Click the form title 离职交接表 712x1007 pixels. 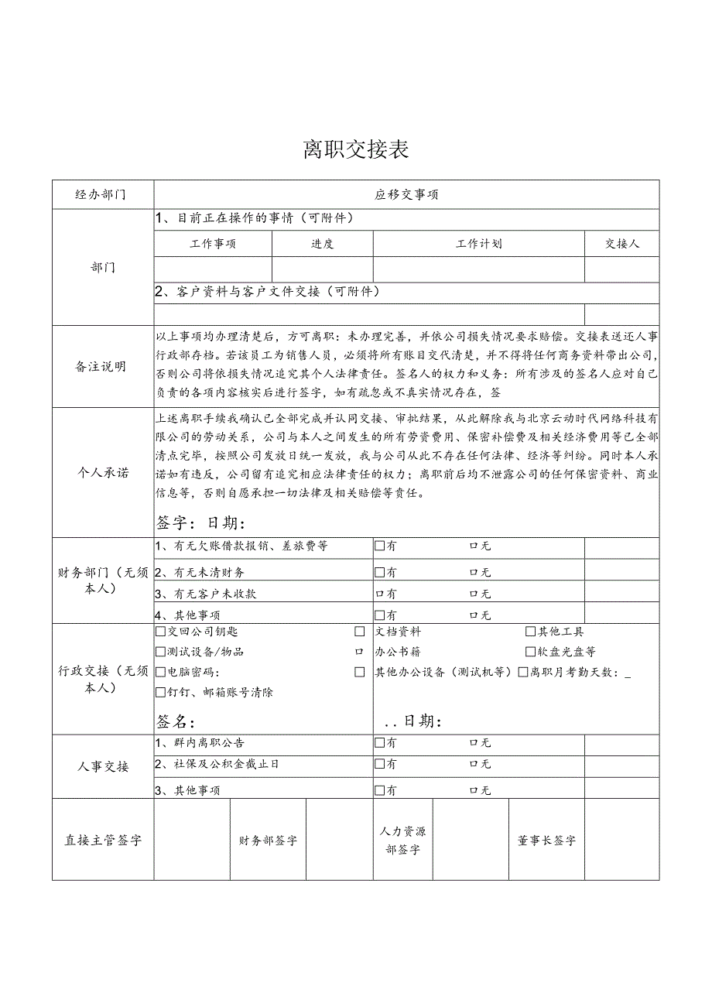click(356, 149)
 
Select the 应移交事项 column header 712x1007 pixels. click(406, 195)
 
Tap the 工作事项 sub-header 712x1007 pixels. click(213, 245)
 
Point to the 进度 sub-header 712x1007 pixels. click(322, 245)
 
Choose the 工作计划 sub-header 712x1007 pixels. click(478, 245)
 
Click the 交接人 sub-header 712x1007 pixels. click(621, 245)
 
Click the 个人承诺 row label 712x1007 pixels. click(102, 472)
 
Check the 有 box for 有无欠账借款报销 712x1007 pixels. click(379, 546)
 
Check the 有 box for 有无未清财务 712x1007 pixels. click(379, 573)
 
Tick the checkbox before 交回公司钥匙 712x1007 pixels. click(160, 632)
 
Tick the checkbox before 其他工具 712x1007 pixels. click(530, 632)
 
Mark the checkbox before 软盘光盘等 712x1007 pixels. click(530, 652)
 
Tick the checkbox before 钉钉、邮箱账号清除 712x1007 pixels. click(160, 693)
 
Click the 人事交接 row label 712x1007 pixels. click(102, 767)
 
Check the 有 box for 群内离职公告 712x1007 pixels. click(379, 743)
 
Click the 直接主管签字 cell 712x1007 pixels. click(103, 841)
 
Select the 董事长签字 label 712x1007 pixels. click(546, 841)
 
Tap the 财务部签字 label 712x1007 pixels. click(268, 841)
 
